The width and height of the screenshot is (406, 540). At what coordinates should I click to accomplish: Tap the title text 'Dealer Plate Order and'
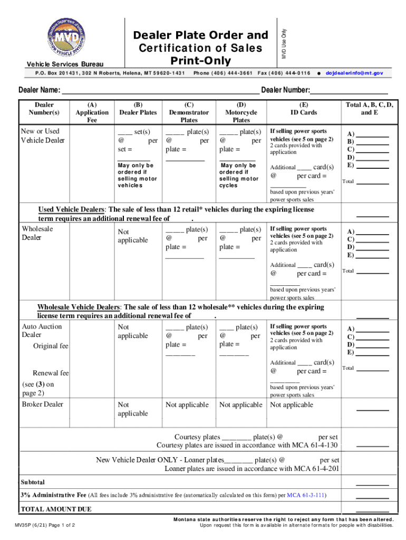[200, 35]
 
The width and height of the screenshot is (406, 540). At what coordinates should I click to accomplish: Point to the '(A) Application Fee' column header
[92, 112]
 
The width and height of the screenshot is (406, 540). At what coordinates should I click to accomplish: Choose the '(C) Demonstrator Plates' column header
[189, 112]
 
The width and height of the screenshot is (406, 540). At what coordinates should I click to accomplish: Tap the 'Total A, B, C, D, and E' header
[369, 109]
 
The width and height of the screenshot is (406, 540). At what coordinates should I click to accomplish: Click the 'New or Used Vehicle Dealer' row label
[42, 136]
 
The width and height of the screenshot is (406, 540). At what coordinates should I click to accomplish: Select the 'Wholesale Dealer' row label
[37, 233]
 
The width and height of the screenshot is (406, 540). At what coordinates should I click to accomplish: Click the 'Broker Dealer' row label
[42, 404]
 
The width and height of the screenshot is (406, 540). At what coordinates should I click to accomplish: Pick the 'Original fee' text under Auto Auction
[51, 346]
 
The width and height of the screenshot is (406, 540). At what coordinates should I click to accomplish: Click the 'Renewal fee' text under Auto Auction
[51, 373]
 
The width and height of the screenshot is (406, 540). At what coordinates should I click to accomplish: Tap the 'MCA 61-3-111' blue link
[307, 496]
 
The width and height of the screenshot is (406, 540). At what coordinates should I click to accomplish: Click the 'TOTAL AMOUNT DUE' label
[55, 509]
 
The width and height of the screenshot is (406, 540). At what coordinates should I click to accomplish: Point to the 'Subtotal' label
[33, 482]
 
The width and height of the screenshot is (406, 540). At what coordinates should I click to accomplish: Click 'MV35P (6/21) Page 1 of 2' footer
[49, 525]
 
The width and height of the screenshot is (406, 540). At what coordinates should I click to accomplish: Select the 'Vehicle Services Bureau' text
[65, 64]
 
